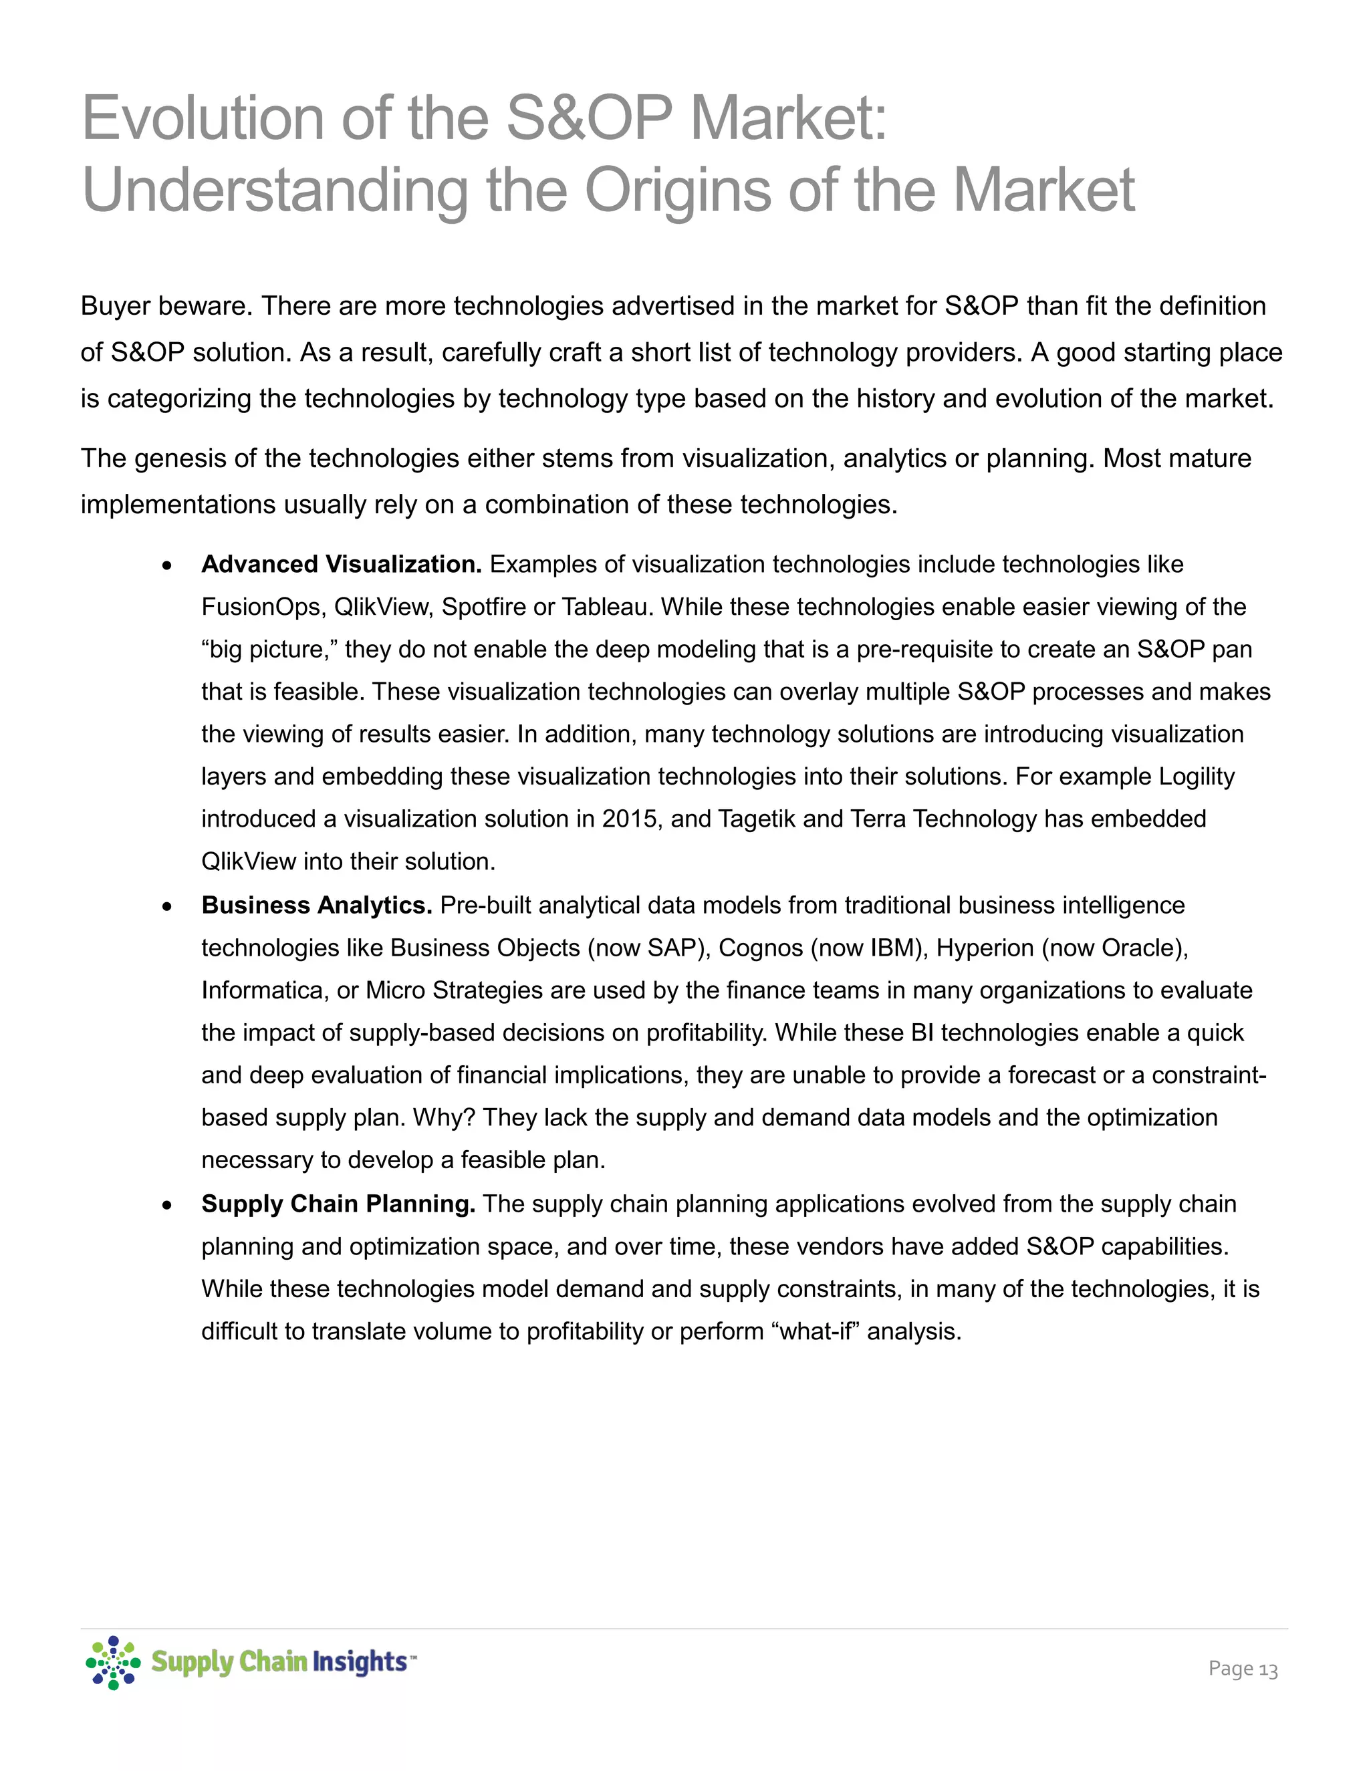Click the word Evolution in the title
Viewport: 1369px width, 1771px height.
(202, 118)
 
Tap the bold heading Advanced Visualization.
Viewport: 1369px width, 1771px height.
(342, 565)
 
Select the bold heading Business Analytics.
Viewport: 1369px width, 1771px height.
(316, 905)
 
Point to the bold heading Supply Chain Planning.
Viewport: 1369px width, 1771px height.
(338, 1204)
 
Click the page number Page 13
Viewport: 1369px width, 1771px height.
(1243, 1669)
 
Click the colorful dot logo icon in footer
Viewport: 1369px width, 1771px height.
(114, 1662)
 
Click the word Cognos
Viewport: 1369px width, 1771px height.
(760, 948)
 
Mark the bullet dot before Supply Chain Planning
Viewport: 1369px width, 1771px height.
(167, 1206)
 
